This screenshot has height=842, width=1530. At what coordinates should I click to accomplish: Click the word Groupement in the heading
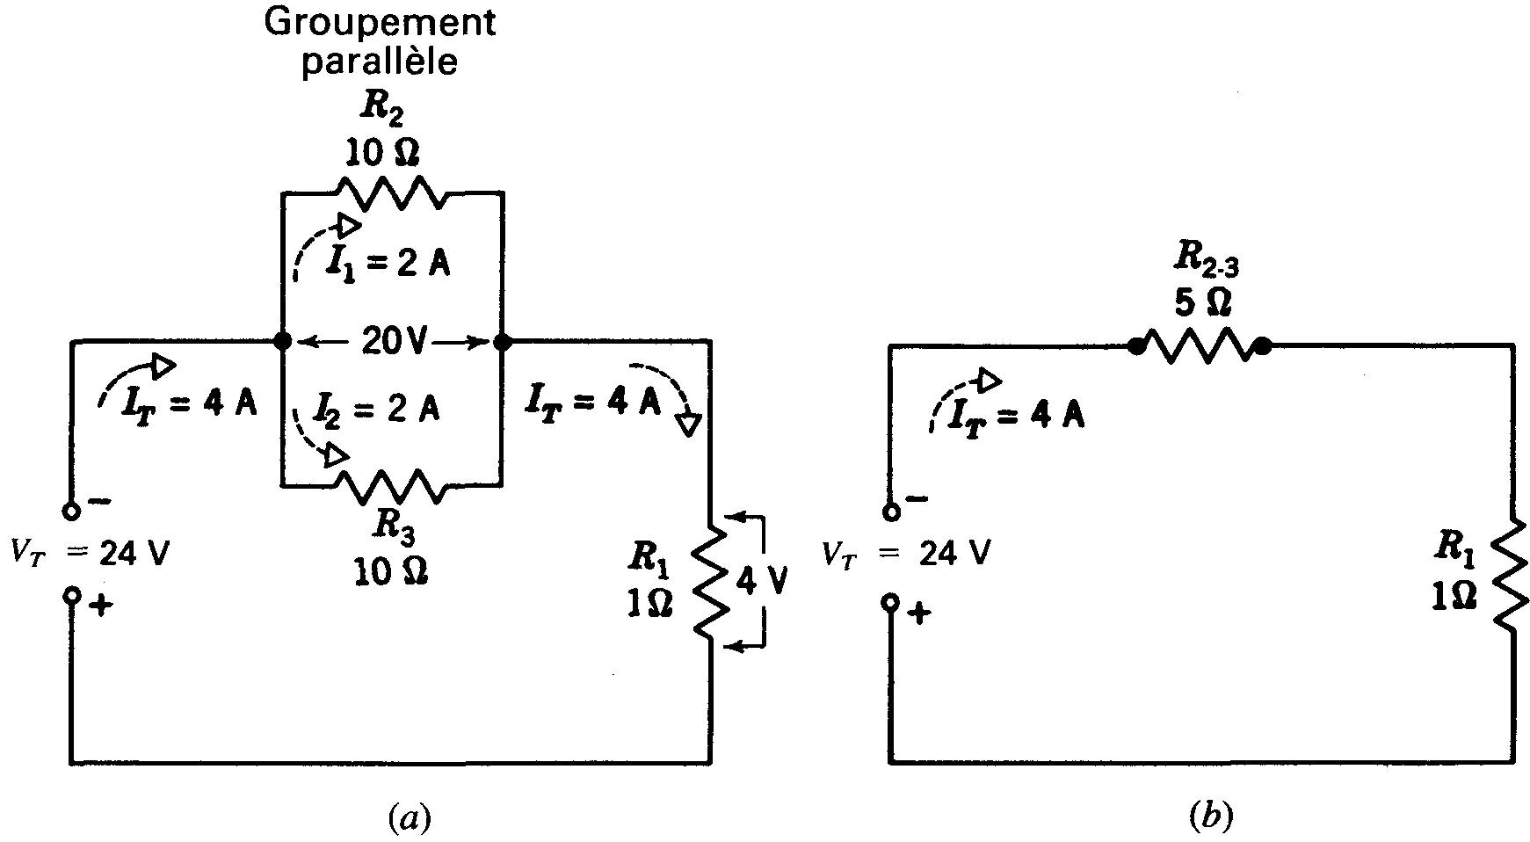(380, 24)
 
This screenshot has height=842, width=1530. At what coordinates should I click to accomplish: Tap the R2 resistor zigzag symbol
(392, 192)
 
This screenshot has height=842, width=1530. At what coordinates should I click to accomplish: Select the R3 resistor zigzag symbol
(392, 486)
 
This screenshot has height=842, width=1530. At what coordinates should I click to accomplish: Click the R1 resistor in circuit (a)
(710, 580)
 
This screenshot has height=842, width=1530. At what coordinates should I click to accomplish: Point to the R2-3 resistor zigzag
(1200, 346)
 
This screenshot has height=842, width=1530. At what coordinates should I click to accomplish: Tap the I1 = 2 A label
(387, 264)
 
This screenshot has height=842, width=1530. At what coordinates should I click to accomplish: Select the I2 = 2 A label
(378, 409)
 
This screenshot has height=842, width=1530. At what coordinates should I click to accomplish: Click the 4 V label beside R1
(761, 582)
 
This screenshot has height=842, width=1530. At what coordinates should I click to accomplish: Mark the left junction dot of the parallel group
(282, 341)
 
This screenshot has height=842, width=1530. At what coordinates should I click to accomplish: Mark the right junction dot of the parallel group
(502, 341)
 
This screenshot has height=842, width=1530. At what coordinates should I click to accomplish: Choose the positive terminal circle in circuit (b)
(891, 602)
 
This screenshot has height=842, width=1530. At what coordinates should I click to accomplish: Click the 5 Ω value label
(1201, 302)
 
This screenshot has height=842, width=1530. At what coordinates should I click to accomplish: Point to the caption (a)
(409, 818)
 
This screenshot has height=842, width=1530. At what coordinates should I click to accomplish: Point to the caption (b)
(1211, 818)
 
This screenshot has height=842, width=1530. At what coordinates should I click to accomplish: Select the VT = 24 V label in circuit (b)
(907, 554)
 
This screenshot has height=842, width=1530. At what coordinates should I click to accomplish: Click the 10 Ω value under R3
(391, 572)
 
